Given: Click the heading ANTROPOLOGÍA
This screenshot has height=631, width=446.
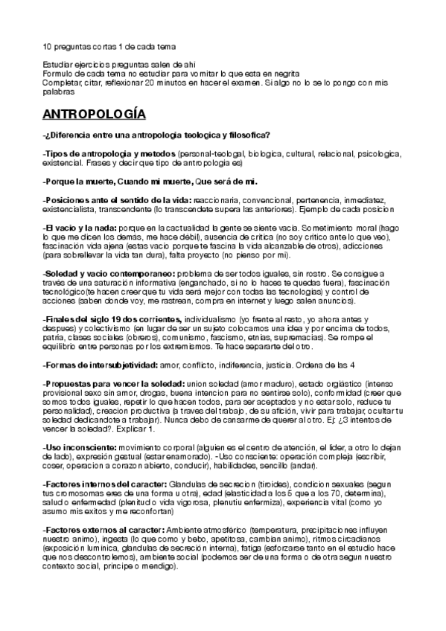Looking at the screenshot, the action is pyautogui.click(x=94, y=115).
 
